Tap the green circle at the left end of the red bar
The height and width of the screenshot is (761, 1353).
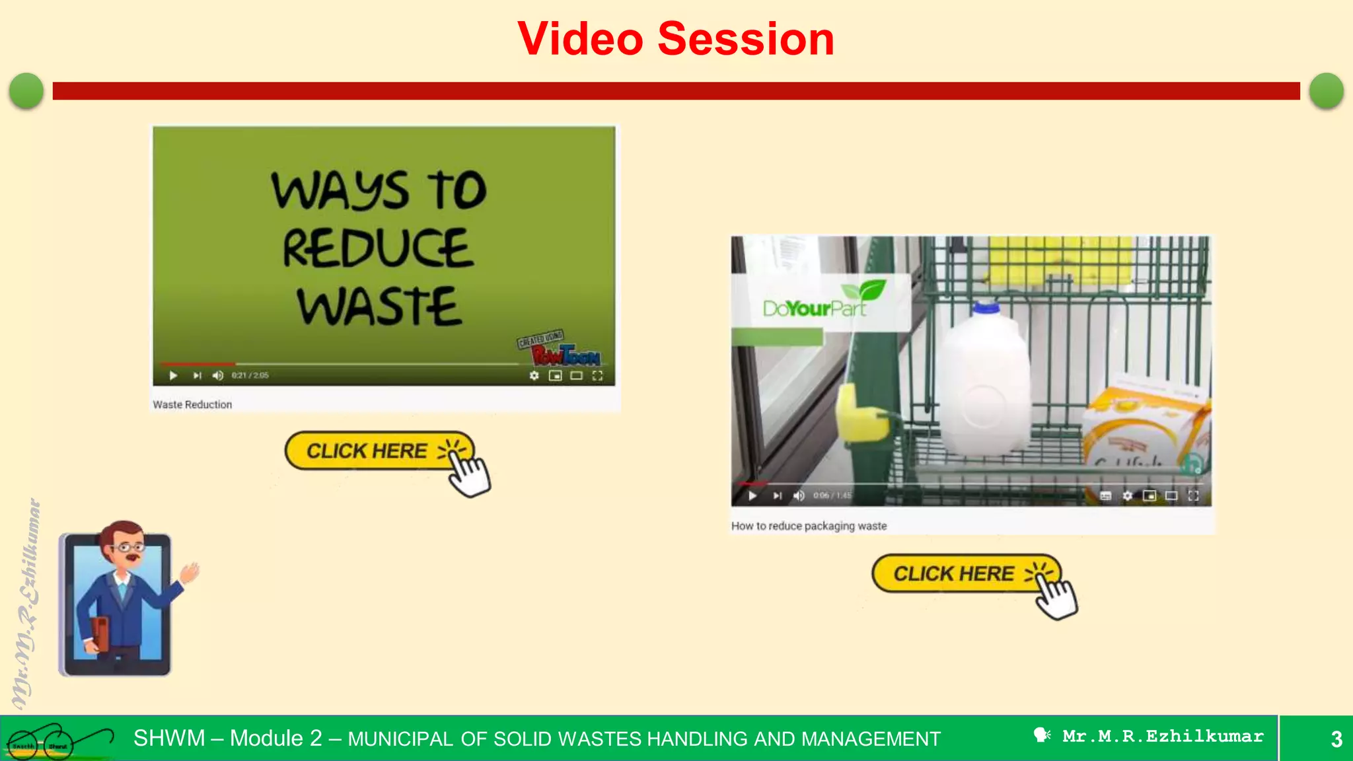pos(26,91)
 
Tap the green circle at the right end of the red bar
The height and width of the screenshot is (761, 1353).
pos(1326,91)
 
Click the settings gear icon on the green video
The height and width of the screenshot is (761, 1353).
pos(534,375)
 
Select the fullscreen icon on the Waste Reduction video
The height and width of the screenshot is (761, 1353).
pos(597,375)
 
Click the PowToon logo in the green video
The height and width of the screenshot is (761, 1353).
pos(566,355)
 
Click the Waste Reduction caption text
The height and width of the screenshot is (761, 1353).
pos(192,404)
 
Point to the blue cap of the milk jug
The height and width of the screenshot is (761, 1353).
pos(986,307)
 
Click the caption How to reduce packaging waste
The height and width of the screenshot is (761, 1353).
pos(809,526)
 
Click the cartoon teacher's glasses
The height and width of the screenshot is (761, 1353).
pos(127,547)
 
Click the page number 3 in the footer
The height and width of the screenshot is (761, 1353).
pos(1336,739)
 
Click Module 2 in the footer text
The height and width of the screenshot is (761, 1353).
pos(275,738)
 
